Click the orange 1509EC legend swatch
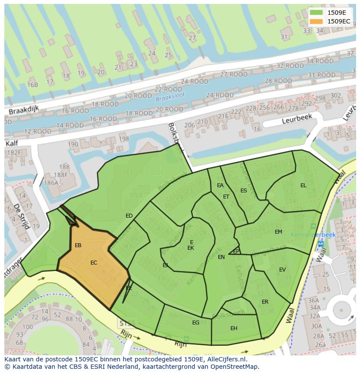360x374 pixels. click(317, 21)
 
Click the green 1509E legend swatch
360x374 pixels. click(317, 13)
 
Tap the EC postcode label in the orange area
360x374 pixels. click(94, 263)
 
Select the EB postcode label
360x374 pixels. click(78, 245)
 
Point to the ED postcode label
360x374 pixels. click(129, 216)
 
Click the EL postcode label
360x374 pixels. click(303, 185)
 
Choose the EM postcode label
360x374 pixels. click(279, 232)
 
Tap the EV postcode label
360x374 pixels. click(283, 270)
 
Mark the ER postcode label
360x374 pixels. click(265, 302)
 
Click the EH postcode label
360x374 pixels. click(234, 328)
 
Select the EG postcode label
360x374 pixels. click(196, 323)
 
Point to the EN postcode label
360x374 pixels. click(221, 257)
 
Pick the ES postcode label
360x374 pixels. click(244, 191)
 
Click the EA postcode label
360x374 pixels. click(220, 185)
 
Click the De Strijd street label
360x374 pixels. click(21, 216)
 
